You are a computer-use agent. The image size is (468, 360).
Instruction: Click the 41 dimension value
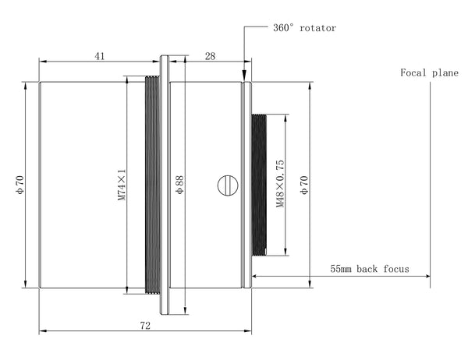(x=100, y=56)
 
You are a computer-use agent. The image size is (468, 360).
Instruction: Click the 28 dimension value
(x=210, y=56)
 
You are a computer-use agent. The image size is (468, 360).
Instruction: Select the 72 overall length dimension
(x=145, y=326)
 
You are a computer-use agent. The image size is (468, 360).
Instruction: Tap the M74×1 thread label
(x=122, y=185)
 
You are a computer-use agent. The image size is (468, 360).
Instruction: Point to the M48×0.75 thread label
(x=280, y=184)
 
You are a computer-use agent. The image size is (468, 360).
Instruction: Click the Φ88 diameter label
(x=179, y=185)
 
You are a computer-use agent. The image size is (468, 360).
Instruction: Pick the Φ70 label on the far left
(x=20, y=185)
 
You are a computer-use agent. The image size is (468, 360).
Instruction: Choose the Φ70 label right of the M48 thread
(x=304, y=185)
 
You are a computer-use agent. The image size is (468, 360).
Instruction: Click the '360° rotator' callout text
(x=305, y=28)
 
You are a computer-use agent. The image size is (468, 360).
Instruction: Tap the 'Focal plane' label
(x=429, y=72)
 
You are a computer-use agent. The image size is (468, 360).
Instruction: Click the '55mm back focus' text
(x=370, y=269)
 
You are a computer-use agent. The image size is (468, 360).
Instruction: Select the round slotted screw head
(x=228, y=185)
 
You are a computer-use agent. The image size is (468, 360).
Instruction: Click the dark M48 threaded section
(x=259, y=185)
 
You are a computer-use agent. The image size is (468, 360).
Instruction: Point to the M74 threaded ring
(x=152, y=185)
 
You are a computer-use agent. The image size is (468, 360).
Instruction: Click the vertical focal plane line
(x=430, y=185)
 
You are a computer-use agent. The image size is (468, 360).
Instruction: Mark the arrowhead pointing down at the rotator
(x=244, y=74)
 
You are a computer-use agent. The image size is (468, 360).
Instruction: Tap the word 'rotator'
(x=318, y=28)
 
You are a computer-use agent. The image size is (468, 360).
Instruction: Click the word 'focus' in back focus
(x=396, y=269)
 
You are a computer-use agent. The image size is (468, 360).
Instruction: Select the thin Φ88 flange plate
(x=164, y=185)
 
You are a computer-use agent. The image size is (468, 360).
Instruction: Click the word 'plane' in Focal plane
(x=445, y=73)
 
